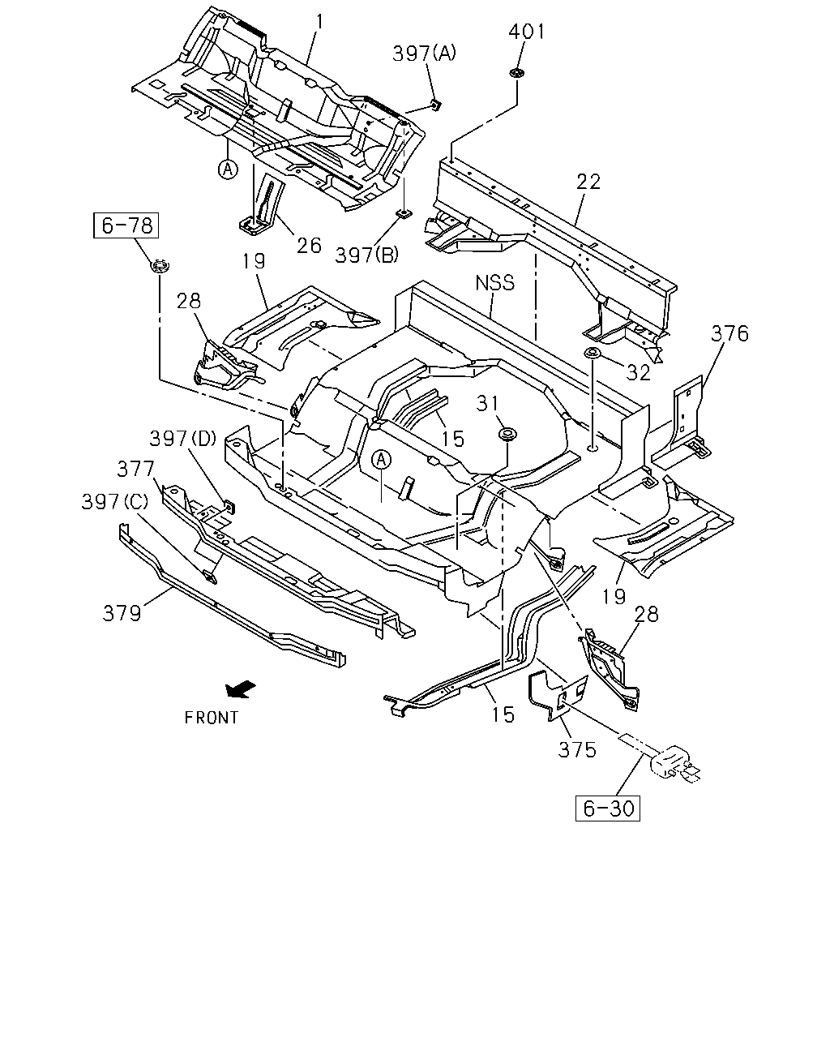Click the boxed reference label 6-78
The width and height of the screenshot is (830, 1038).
pyautogui.click(x=126, y=225)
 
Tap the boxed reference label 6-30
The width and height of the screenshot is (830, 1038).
pyautogui.click(x=607, y=809)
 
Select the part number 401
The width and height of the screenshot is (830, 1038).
pyautogui.click(x=527, y=32)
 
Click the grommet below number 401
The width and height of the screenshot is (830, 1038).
pyautogui.click(x=517, y=73)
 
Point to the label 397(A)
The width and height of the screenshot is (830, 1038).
pyautogui.click(x=424, y=53)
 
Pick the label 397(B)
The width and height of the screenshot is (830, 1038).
pyautogui.click(x=367, y=255)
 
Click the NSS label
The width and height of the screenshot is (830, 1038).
pyautogui.click(x=494, y=283)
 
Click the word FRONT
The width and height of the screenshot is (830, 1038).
pyautogui.click(x=212, y=718)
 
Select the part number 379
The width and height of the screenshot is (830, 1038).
pyautogui.click(x=122, y=614)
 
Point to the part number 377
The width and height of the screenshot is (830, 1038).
pyautogui.click(x=136, y=469)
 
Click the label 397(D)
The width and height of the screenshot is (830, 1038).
pyautogui.click(x=183, y=439)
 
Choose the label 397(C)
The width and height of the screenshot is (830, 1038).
pyautogui.click(x=115, y=502)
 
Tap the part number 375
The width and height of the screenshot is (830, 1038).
pyautogui.click(x=577, y=750)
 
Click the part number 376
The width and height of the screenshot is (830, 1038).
pyautogui.click(x=729, y=334)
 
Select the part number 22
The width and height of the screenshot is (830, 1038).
pyautogui.click(x=588, y=182)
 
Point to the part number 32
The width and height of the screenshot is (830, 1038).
pyautogui.click(x=638, y=372)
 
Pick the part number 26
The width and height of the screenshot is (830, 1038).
pyautogui.click(x=309, y=246)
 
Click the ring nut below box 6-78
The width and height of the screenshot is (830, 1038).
pyautogui.click(x=160, y=266)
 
